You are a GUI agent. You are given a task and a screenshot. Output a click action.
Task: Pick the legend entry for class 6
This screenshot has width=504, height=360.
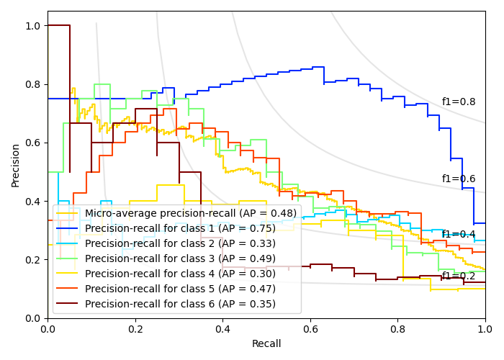pyautogui.click(x=180, y=304)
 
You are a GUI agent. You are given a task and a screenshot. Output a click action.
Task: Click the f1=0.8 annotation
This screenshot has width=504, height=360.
pyautogui.click(x=459, y=102)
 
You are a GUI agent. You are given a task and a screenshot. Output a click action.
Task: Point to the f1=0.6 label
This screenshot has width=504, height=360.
pyautogui.click(x=459, y=179)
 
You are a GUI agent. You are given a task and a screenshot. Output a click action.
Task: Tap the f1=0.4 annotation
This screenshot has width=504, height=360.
pyautogui.click(x=459, y=234)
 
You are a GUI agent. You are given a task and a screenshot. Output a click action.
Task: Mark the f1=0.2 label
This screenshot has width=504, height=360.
pyautogui.click(x=459, y=276)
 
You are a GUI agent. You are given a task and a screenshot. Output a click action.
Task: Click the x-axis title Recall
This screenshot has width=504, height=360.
pyautogui.click(x=266, y=344)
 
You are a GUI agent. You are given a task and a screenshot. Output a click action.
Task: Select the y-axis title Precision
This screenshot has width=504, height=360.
pyautogui.click(x=16, y=165)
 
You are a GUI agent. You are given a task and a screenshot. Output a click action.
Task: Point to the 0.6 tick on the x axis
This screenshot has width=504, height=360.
pyautogui.click(x=310, y=329)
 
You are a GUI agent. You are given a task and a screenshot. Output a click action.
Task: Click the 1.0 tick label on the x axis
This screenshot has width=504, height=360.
pyautogui.click(x=485, y=329)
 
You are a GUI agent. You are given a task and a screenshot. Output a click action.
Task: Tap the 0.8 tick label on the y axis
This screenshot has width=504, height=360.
pyautogui.click(x=33, y=84)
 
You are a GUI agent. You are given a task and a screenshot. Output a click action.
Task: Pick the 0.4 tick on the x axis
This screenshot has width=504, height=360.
pyautogui.click(x=222, y=329)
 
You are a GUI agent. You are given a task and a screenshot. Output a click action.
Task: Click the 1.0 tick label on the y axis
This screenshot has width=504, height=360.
pyautogui.click(x=33, y=26)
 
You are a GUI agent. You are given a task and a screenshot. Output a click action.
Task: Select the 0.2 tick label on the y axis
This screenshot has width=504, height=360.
pyautogui.click(x=33, y=260)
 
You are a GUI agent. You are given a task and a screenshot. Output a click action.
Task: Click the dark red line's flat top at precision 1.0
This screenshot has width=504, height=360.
pyautogui.click(x=58, y=25)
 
